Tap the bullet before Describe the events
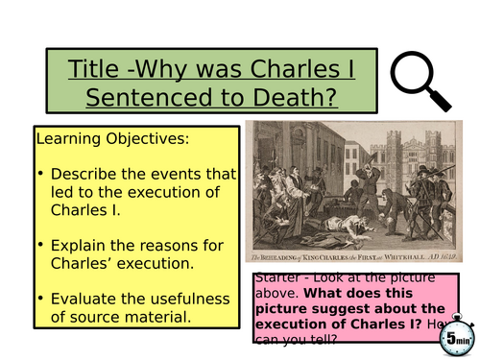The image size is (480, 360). point(42,173)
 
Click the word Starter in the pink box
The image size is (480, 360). point(279,278)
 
